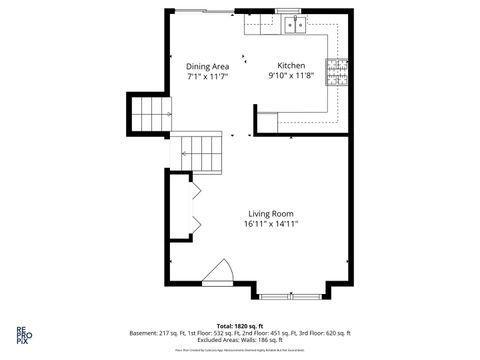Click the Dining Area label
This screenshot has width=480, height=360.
coord(207,66)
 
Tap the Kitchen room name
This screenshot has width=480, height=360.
coord(291,66)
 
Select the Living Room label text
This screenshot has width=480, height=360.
coord(270,214)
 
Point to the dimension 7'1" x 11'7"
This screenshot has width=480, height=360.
coord(207,76)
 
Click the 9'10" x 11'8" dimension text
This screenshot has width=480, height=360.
coord(291,76)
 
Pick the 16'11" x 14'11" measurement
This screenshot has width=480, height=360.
coord(270,225)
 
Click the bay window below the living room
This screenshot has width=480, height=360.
coord(290,296)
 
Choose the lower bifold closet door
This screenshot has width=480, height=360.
coord(197,224)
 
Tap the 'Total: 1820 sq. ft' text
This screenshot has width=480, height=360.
coord(240,325)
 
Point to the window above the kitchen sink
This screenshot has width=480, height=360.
coord(293,10)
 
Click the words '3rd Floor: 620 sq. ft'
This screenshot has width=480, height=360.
coord(326,333)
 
